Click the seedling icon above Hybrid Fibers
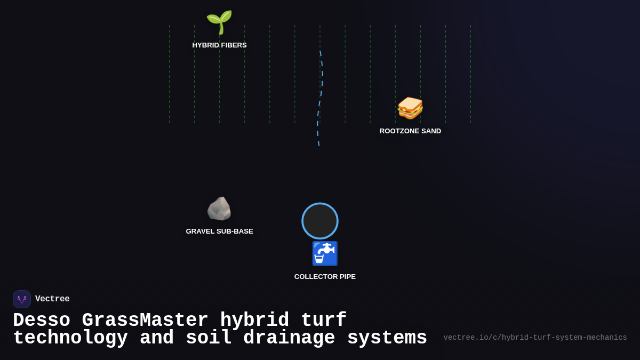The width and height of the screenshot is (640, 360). point(219,22)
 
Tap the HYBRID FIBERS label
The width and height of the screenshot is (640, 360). point(219,45)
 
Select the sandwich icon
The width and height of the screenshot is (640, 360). point(410,108)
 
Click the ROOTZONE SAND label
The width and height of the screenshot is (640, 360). point(410,131)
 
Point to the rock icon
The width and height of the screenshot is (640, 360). point(219,209)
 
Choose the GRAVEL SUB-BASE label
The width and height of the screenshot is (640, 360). point(219,231)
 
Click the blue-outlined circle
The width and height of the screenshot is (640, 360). point(320,221)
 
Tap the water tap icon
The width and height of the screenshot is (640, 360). point(325,254)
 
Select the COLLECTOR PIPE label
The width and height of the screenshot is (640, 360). point(325,277)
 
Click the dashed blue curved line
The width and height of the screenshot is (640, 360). point(322,85)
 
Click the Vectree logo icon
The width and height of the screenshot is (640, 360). point(22,299)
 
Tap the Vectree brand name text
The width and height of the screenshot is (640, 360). point(52,299)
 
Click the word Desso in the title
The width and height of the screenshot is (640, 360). point(42,321)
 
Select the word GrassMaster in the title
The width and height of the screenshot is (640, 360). point(145,321)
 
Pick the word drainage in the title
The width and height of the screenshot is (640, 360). point(290,338)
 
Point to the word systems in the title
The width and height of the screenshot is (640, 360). point(387,338)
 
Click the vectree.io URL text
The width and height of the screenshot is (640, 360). point(535,338)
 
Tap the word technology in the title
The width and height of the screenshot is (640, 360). point(70,338)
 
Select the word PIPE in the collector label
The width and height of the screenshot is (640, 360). point(347,277)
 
